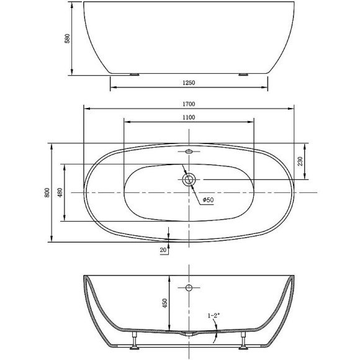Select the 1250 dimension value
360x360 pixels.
click(190, 83)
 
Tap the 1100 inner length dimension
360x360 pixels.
click(190, 117)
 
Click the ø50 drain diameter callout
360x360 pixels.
click(208, 200)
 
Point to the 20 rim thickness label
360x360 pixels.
click(163, 250)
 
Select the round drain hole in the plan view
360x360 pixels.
click(189, 180)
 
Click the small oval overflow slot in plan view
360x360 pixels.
click(189, 151)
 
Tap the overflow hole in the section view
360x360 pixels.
click(189, 287)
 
